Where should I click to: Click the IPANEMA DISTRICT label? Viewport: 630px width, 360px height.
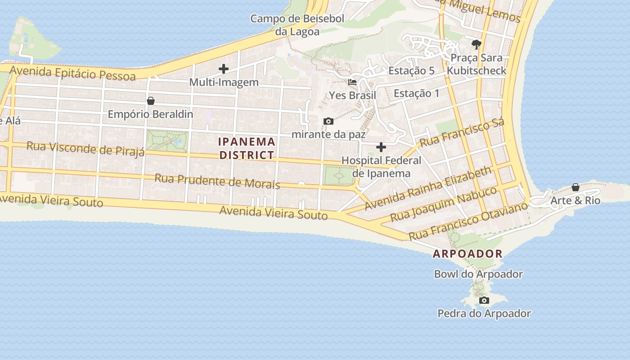(x=247, y=148)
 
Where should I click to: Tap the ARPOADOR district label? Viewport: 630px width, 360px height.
(x=468, y=254)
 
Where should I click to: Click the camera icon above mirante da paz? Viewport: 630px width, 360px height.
(x=328, y=121)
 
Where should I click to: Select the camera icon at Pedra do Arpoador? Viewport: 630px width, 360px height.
(x=484, y=300)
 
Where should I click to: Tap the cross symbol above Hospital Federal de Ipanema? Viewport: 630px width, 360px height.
(x=381, y=147)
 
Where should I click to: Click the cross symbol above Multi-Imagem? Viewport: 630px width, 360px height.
(x=224, y=69)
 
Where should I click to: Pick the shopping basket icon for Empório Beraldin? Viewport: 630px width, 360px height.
(x=151, y=101)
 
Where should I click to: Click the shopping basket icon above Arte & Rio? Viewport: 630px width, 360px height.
(x=576, y=187)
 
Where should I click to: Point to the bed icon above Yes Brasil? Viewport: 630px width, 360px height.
(x=352, y=82)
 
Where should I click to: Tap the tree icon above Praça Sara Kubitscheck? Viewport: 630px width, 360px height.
(x=477, y=44)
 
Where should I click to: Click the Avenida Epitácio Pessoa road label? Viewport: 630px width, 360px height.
(x=72, y=73)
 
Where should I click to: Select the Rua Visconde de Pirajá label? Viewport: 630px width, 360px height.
(x=85, y=148)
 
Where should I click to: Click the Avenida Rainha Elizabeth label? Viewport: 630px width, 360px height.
(x=428, y=188)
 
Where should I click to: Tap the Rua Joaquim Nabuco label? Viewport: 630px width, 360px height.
(x=443, y=203)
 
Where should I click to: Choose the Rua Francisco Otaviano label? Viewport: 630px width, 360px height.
(x=468, y=221)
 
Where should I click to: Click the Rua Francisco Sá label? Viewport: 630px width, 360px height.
(x=462, y=133)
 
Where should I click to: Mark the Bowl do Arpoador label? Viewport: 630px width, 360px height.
(x=478, y=274)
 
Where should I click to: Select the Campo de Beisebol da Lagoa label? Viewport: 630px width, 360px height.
(x=297, y=25)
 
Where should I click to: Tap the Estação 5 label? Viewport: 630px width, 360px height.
(x=411, y=71)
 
